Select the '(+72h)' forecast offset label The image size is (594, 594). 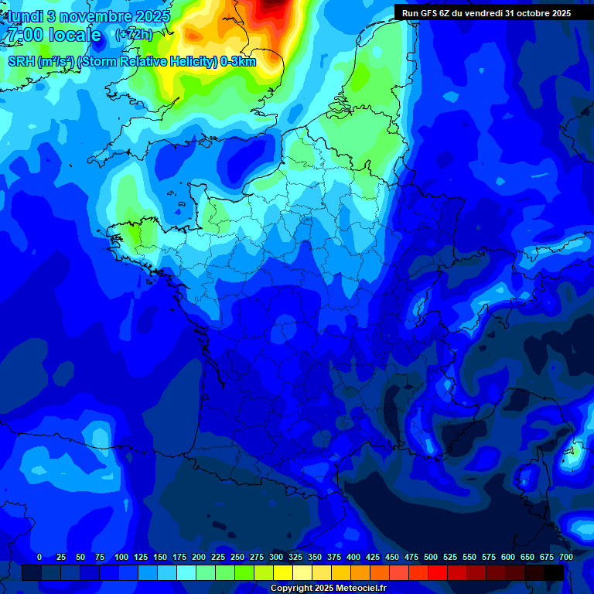[x=134, y=35]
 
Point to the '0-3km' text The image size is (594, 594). [x=238, y=62]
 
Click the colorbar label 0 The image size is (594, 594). [x=39, y=557]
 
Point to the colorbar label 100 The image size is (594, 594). [x=121, y=557]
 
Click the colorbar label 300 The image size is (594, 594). [x=276, y=557]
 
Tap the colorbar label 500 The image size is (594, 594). [x=431, y=557]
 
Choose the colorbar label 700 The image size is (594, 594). [x=565, y=557]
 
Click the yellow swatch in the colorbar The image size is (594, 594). [x=283, y=572]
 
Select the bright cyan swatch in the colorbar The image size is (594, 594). [x=186, y=572]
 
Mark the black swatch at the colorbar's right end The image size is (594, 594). [x=554, y=572]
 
